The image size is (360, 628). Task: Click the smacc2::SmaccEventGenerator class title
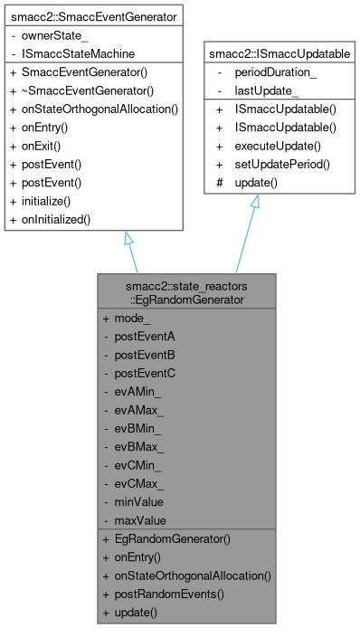(x=95, y=15)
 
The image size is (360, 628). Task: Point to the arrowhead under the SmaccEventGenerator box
(x=129, y=240)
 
